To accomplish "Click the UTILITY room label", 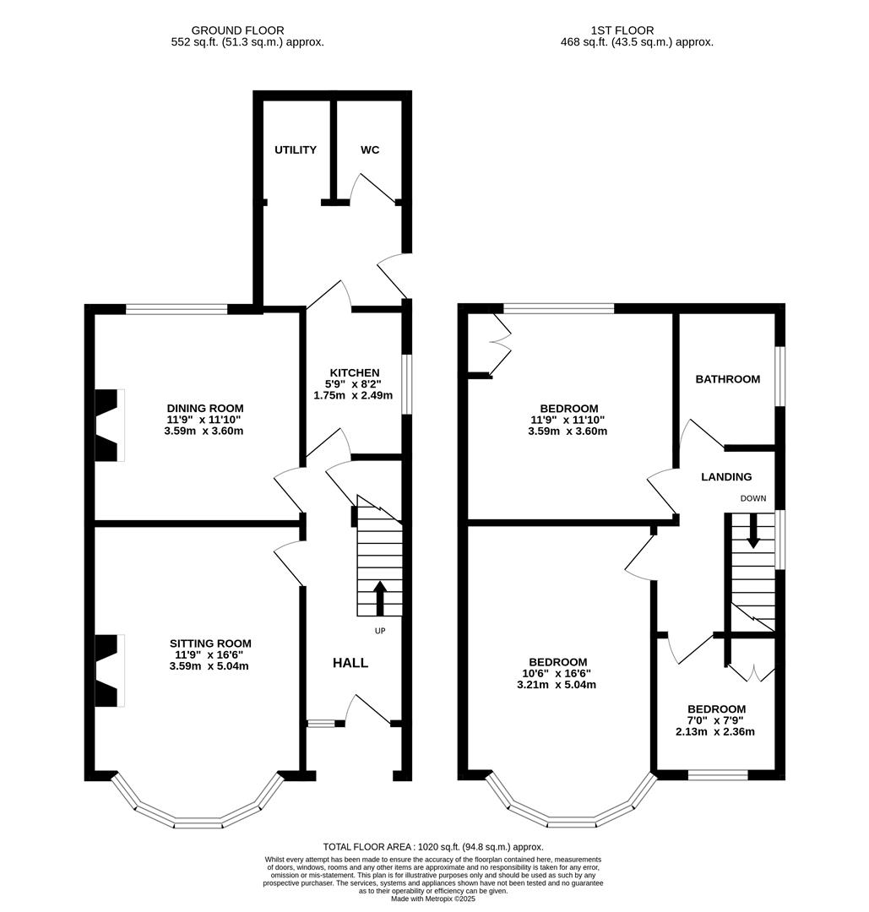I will (x=296, y=150).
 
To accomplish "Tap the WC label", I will (x=370, y=150).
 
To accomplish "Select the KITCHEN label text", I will (x=354, y=372).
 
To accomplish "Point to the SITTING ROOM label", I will (x=209, y=643).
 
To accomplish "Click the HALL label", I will (x=350, y=663).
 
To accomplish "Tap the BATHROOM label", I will (x=727, y=379).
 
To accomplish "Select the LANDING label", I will (x=726, y=477).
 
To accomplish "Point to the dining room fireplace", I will (x=108, y=425).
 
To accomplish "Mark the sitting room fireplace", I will (x=108, y=670).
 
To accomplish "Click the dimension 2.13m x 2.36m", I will (x=715, y=732).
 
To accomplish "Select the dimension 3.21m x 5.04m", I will (x=557, y=685).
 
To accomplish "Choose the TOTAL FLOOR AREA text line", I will (x=433, y=847).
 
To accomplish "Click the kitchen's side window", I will (x=406, y=384).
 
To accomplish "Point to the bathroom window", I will (x=780, y=377).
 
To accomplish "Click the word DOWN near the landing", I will (x=753, y=498).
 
